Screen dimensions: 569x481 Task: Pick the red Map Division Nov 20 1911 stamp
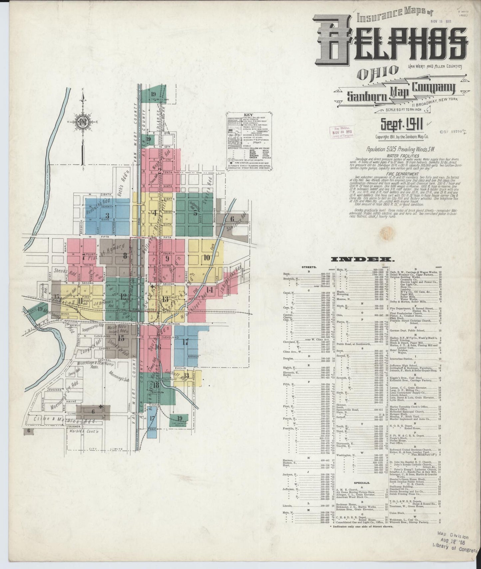coord(342,132)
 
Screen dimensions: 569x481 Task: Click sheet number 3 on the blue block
coord(107,215)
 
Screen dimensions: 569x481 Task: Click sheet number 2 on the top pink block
coord(160,171)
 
